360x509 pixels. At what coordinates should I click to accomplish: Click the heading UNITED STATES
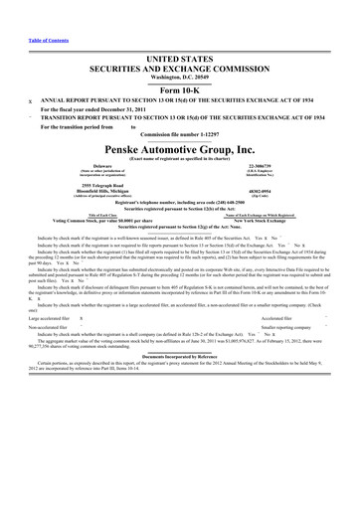click(x=180, y=32)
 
